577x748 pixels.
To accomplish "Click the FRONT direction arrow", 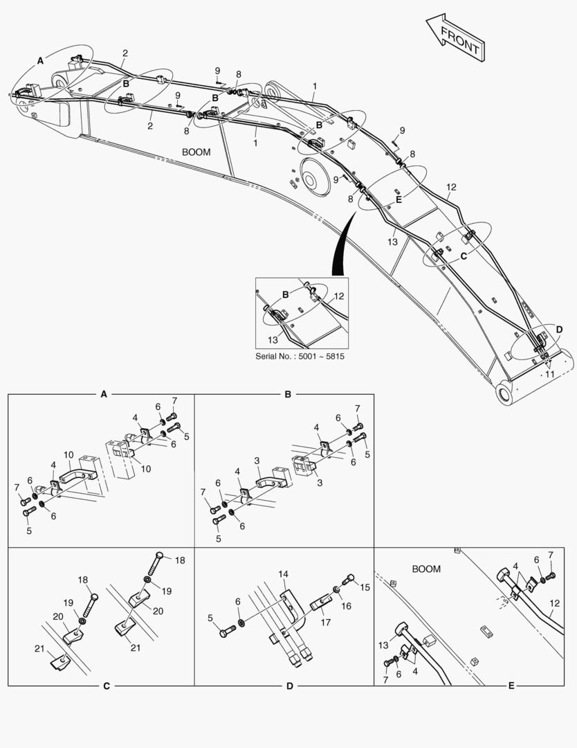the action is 456,37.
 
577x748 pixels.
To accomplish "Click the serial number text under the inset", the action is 300,357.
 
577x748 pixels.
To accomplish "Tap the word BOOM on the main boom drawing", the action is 196,152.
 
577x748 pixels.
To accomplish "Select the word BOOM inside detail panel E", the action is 426,569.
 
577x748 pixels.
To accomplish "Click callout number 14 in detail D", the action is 284,574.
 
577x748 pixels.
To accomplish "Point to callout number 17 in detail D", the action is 325,622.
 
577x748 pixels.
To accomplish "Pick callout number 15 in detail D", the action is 365,587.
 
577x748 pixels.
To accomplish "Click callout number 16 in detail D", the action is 347,606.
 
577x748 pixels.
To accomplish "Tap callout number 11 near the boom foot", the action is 550,375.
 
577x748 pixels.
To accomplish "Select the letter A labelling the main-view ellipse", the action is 41,60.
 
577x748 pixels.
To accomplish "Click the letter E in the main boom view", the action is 399,199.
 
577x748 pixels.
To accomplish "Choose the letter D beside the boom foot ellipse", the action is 560,330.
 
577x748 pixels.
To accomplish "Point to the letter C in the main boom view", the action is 464,256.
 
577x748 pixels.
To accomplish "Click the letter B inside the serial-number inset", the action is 286,294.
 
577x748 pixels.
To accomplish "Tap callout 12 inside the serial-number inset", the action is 339,296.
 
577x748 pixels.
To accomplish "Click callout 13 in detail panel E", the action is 383,645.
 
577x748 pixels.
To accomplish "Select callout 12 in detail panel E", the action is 555,603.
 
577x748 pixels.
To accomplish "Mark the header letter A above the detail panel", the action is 104,394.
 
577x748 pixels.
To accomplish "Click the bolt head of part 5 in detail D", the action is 224,634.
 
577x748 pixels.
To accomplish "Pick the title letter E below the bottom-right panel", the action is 511,686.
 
